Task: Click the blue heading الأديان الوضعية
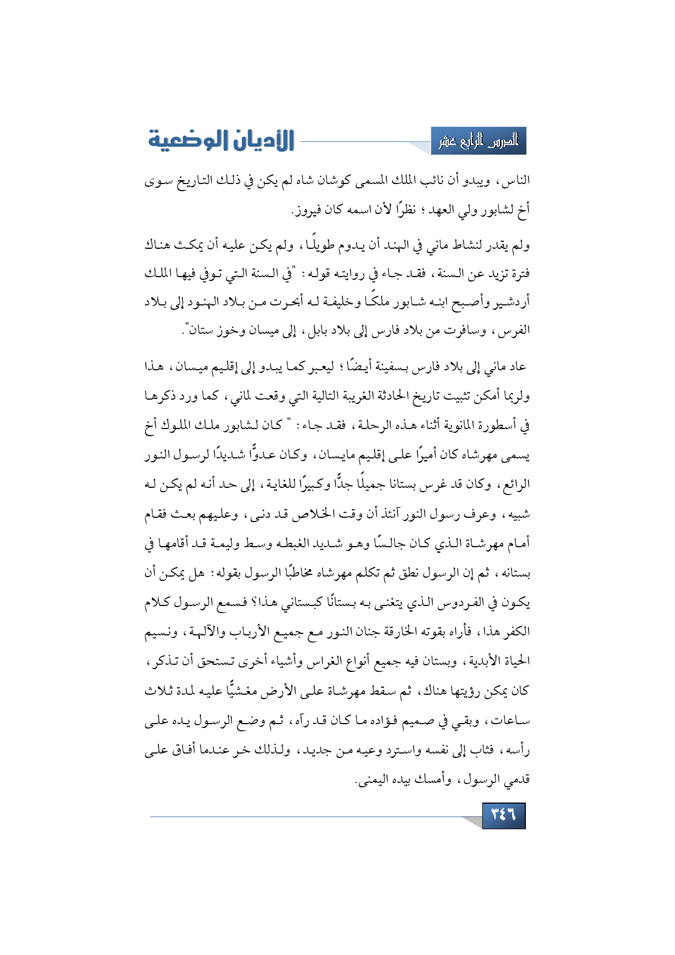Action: point(221,140)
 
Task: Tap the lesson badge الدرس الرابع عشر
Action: point(478,141)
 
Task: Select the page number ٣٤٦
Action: point(504,815)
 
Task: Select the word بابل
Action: point(318,330)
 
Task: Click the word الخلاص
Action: point(317,513)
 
